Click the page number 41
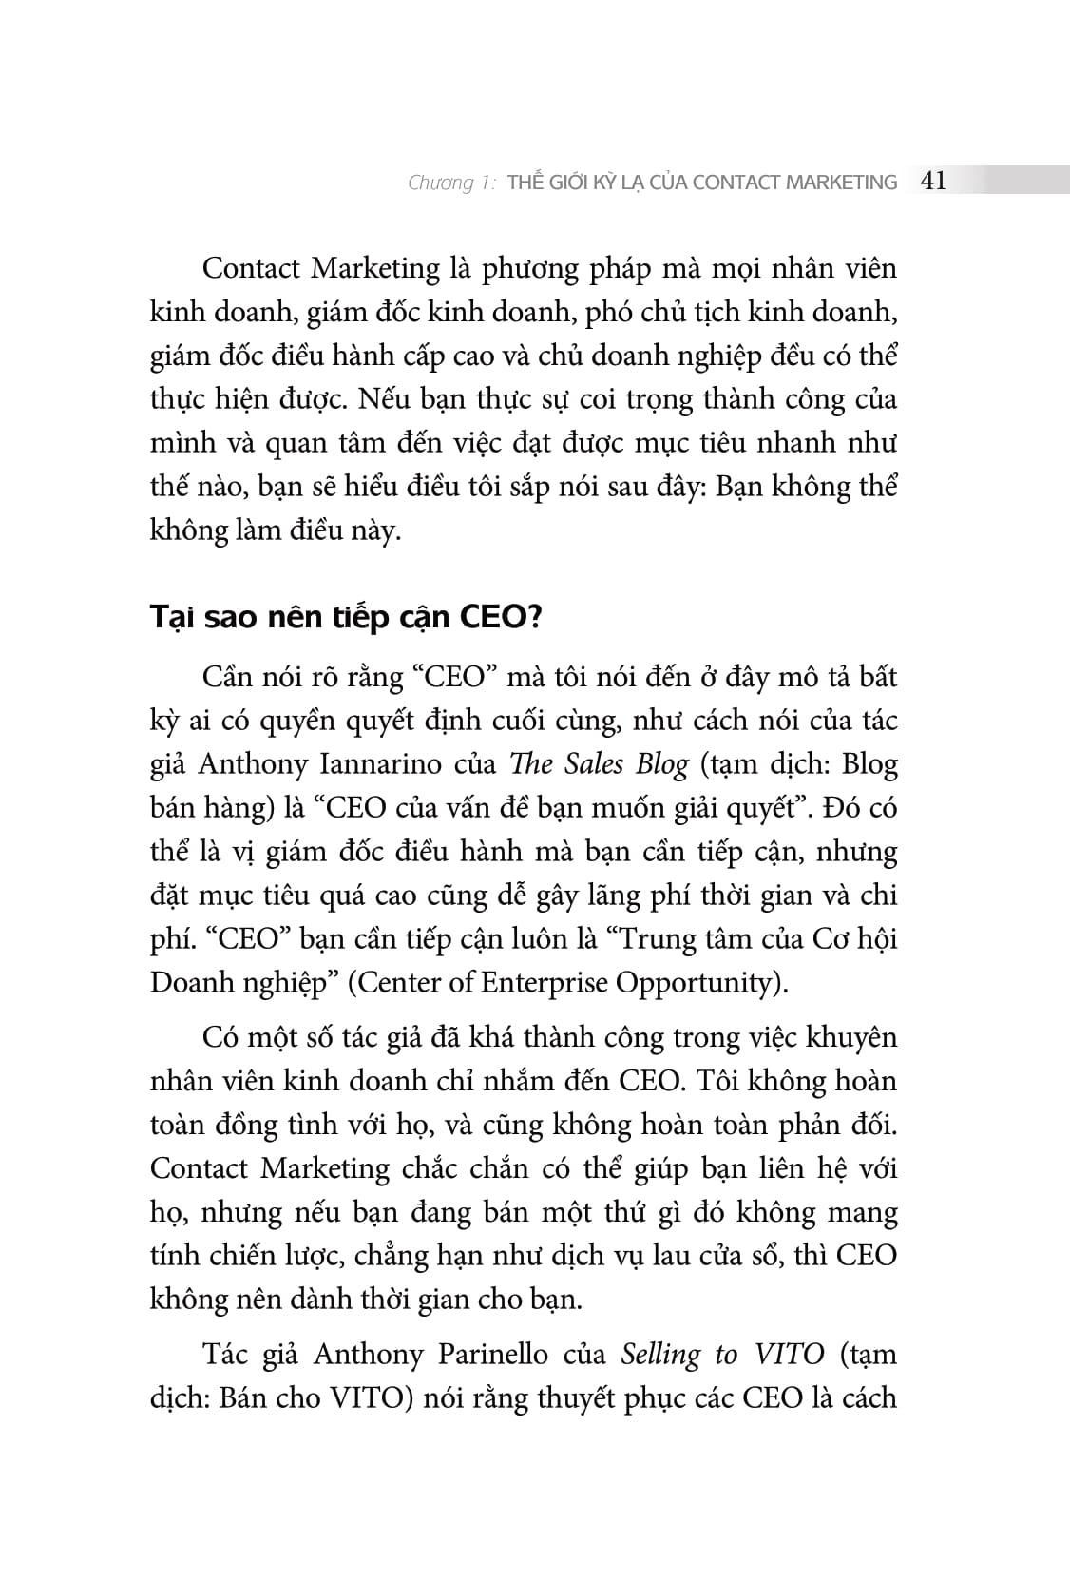933,181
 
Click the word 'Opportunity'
698,982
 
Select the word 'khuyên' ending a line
851,1037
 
